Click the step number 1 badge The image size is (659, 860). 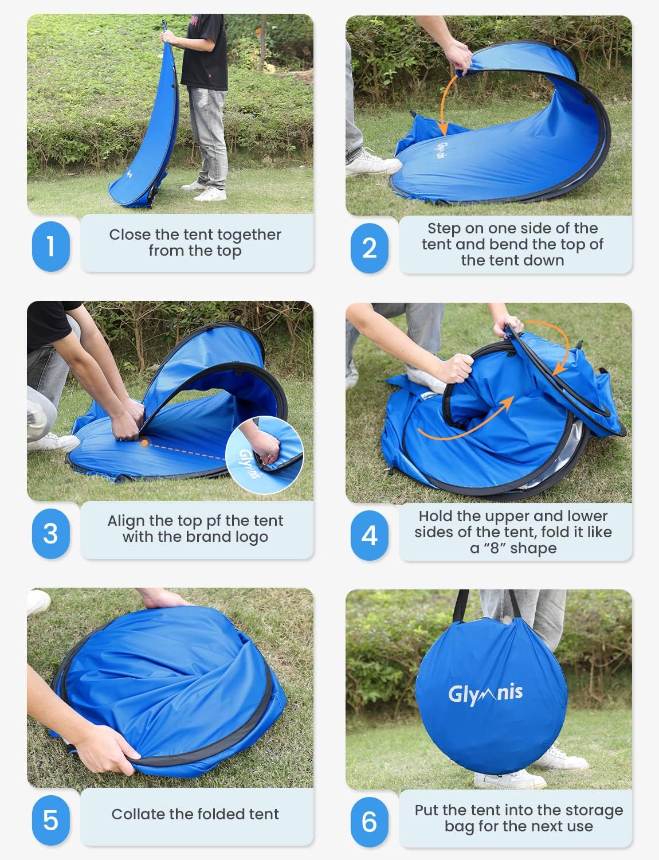(50, 246)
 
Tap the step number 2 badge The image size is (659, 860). (370, 248)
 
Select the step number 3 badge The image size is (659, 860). (50, 533)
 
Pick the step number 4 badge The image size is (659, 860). (370, 535)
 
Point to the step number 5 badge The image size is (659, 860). (50, 820)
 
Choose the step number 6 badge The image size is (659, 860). (370, 822)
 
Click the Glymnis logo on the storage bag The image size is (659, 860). (485, 694)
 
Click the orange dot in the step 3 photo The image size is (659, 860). (144, 443)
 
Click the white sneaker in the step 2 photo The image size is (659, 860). (372, 165)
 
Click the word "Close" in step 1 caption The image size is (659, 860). (130, 234)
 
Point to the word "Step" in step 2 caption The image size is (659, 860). (444, 228)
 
